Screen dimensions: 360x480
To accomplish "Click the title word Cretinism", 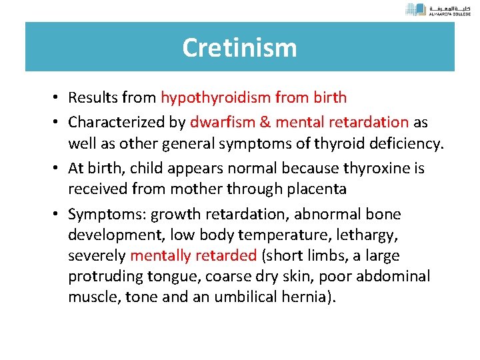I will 239,48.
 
